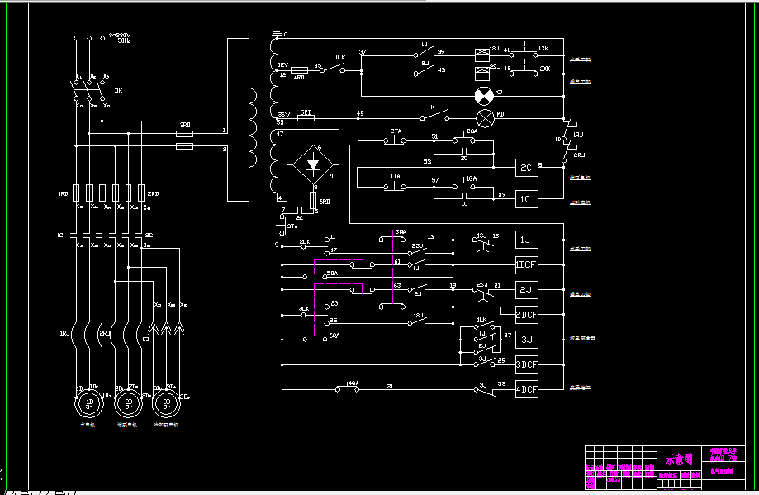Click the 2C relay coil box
[526, 167]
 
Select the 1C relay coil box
[526, 199]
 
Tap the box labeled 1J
[526, 240]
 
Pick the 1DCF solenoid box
[526, 265]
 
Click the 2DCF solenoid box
[526, 315]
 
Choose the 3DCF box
[526, 364]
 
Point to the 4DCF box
[526, 389]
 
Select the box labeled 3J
[526, 340]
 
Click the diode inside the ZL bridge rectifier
[312, 164]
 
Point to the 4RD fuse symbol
[300, 71]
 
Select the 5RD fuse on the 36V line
[306, 118]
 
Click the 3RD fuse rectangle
[186, 133]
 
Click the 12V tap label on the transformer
[282, 64]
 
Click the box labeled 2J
[526, 290]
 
